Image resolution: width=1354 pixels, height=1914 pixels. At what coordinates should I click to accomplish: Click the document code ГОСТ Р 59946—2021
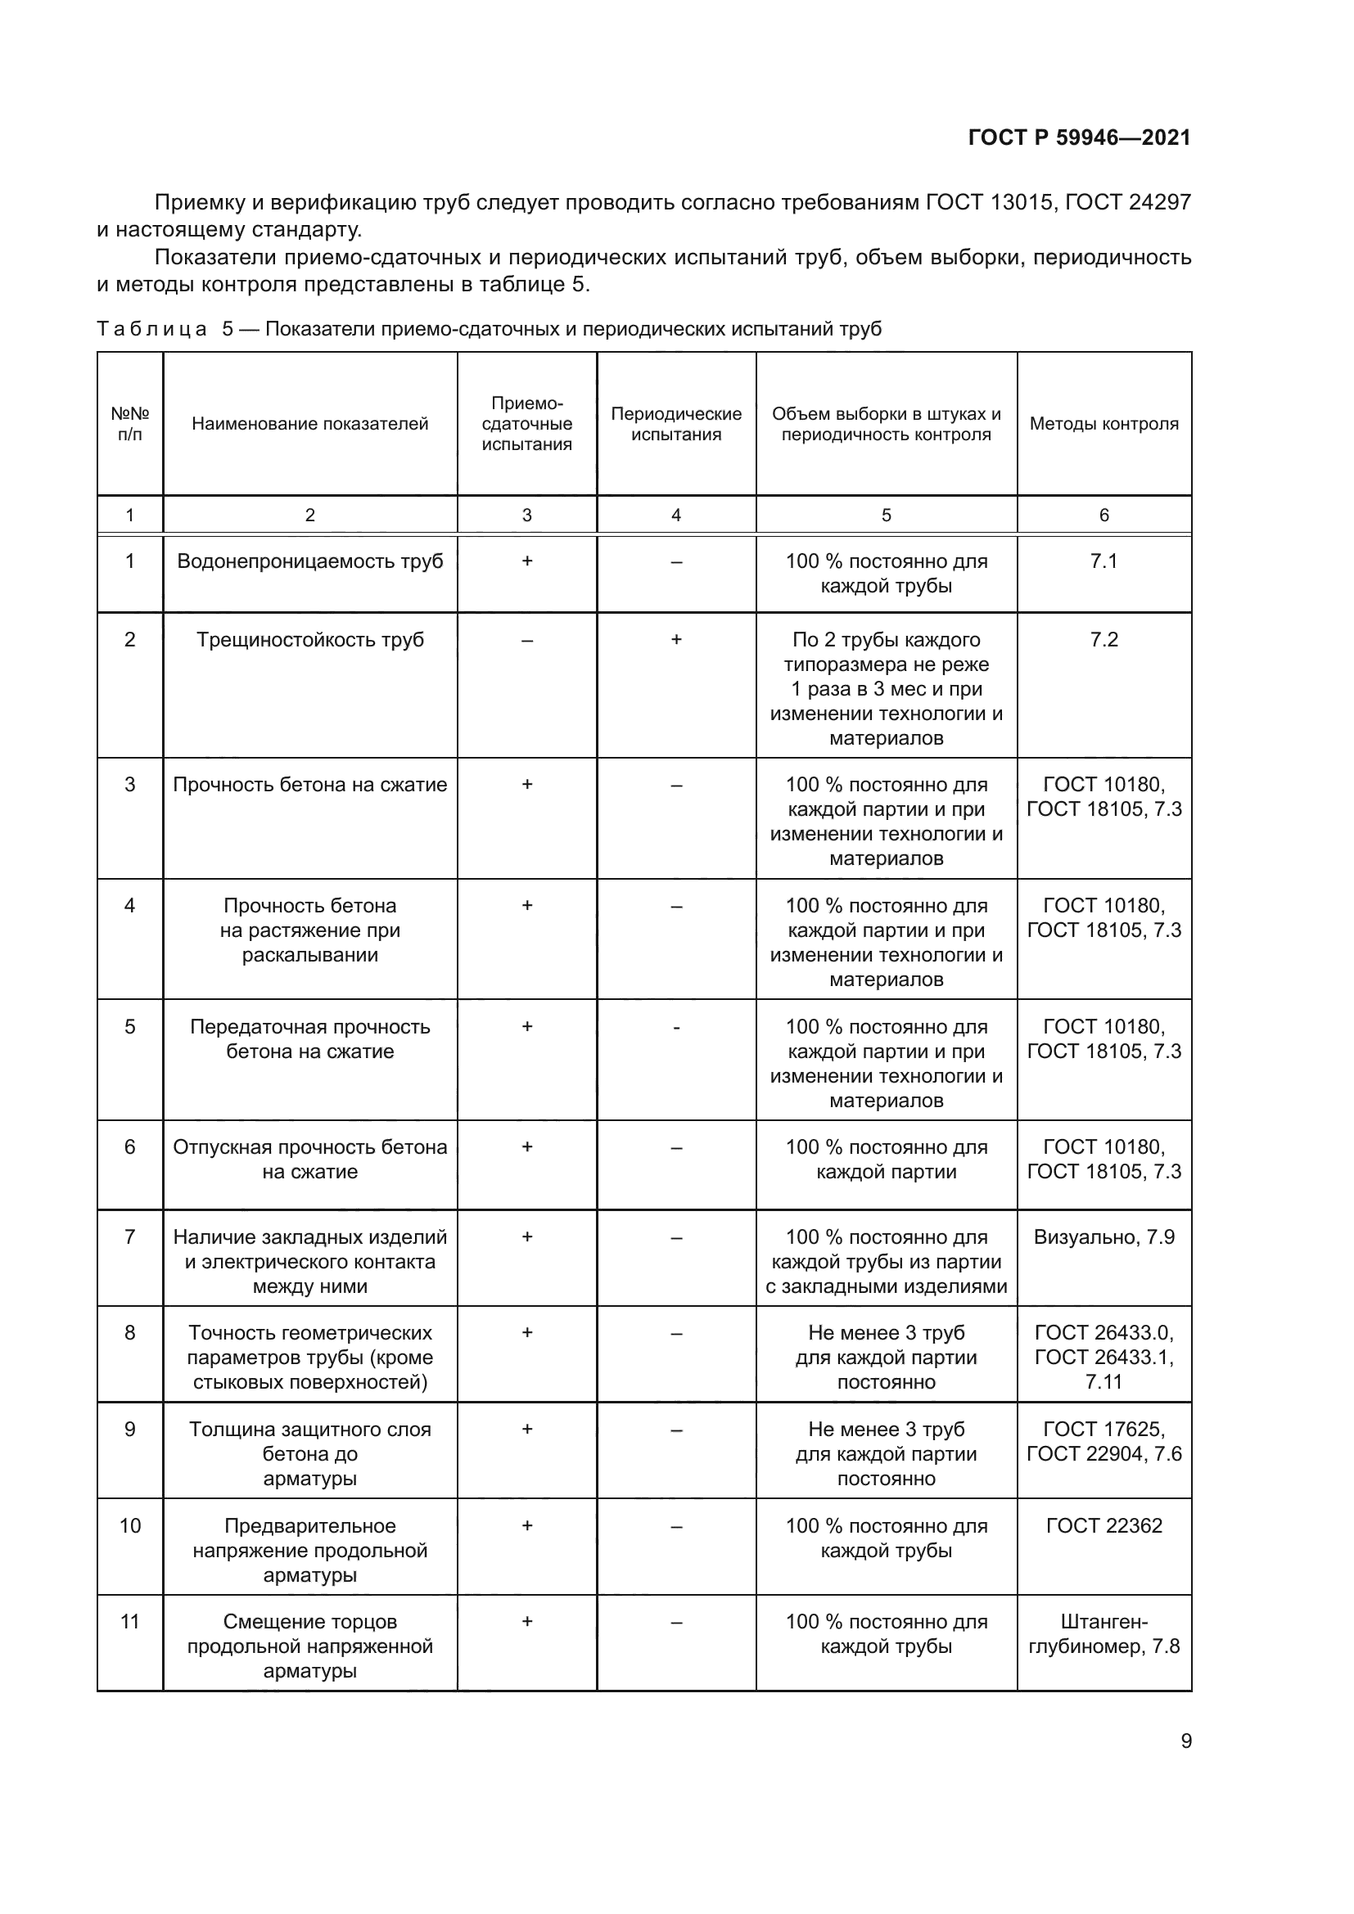pos(1079,137)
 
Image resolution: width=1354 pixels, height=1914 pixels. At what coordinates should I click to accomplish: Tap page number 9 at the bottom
pos(1185,1741)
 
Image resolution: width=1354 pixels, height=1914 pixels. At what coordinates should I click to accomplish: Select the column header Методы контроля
pos(1104,424)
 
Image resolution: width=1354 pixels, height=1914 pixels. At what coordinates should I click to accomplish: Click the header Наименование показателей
pos(309,424)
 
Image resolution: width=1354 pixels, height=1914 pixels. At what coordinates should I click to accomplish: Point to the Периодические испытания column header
pos(675,424)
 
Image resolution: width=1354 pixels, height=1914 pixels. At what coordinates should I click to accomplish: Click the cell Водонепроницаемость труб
pos(309,561)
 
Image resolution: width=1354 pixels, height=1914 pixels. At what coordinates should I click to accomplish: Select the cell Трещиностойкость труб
pos(309,639)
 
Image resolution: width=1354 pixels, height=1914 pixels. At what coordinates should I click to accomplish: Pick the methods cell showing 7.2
pos(1104,639)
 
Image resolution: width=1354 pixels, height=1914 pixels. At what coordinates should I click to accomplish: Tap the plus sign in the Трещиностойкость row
pos(675,639)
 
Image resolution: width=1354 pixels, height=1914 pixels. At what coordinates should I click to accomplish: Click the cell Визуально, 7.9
pos(1104,1237)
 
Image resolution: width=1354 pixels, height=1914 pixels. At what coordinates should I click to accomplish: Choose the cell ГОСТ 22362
pos(1104,1525)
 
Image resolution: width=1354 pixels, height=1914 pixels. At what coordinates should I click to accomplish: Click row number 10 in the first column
pos(130,1525)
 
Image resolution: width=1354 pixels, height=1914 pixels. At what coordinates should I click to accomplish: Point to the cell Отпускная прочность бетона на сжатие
pos(309,1159)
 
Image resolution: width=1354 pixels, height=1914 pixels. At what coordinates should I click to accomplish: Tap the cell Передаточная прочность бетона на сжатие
pos(309,1038)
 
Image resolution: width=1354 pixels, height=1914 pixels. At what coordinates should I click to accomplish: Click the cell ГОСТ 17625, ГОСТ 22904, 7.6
pos(1104,1441)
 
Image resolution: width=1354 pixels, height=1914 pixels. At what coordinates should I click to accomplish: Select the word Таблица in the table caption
pos(151,329)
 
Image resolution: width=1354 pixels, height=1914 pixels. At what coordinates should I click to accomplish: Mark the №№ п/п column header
pos(130,424)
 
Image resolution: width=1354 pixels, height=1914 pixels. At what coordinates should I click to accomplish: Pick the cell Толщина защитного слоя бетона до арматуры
pos(309,1454)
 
